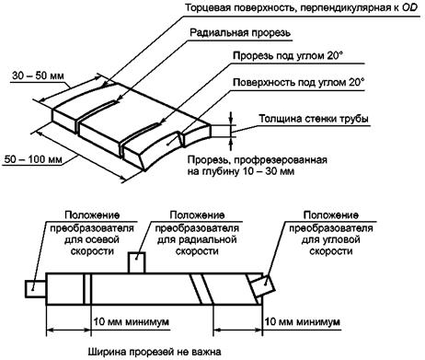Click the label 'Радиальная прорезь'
point(240,32)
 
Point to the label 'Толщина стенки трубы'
point(314,119)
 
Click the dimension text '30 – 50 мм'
point(39,75)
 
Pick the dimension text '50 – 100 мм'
point(33,159)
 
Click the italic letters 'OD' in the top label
point(410,7)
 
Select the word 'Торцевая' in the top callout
point(208,7)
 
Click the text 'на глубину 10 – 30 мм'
point(241,171)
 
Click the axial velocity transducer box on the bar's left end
point(36,288)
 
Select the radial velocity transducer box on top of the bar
point(136,262)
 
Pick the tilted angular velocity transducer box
point(262,285)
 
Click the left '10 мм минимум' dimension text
point(132,321)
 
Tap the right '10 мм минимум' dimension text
point(302,321)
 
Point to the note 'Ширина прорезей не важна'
point(155,352)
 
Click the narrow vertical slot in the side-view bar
point(87,288)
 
